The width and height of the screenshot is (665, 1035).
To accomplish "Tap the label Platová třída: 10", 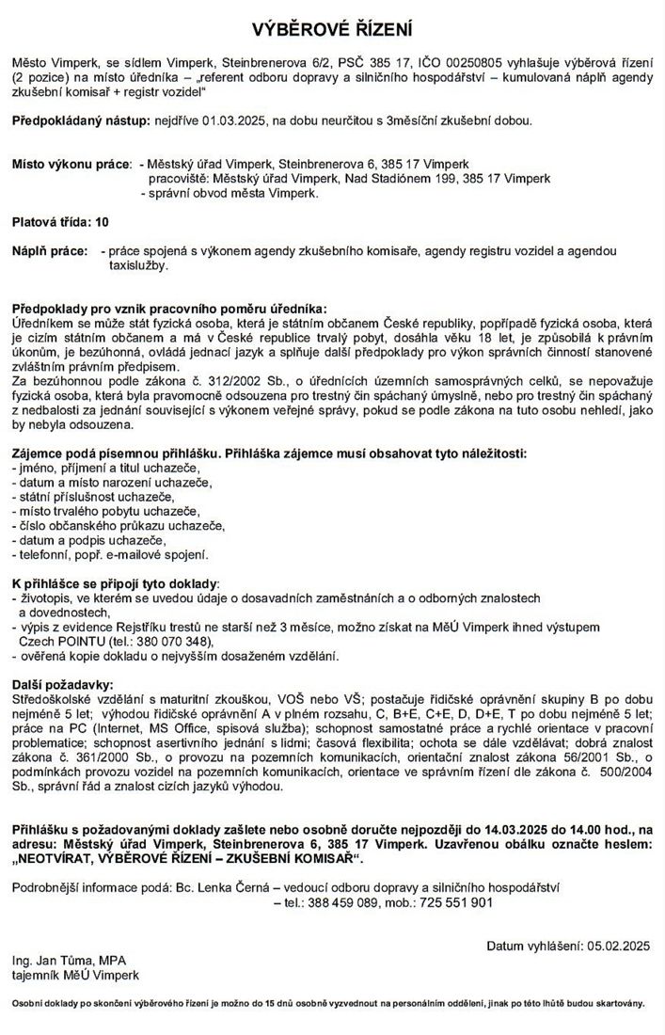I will [60, 223].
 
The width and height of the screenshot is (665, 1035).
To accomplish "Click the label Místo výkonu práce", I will [71, 164].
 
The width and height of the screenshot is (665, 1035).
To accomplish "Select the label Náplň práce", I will [48, 252].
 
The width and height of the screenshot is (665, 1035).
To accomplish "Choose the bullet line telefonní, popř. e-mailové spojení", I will [110, 555].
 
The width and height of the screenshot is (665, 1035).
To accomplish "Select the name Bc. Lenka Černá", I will [223, 887].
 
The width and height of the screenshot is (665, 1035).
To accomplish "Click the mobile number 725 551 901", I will [456, 902].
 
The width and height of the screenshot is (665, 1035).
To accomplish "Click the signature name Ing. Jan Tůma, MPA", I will [62, 961].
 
